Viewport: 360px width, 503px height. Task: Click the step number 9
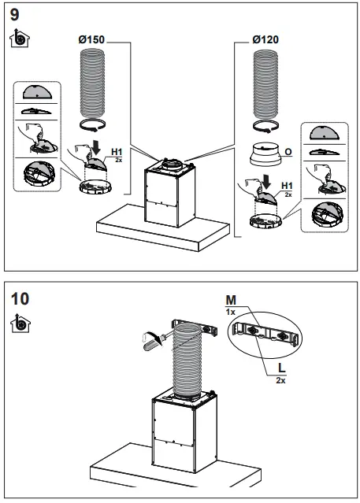(x=17, y=14)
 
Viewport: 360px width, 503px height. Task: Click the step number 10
(x=22, y=299)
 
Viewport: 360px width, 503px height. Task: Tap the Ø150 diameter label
(x=91, y=39)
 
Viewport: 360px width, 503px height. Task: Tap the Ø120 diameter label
(x=265, y=39)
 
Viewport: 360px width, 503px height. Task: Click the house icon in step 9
(x=19, y=36)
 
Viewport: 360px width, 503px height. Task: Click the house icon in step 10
(x=19, y=323)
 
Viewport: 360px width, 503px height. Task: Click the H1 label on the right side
(x=288, y=185)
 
